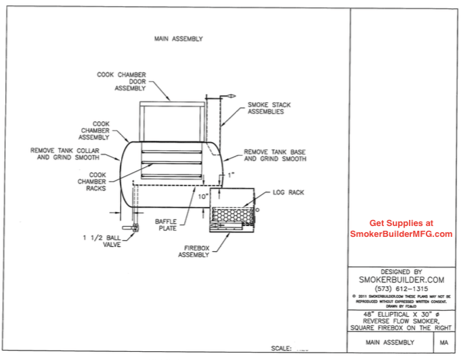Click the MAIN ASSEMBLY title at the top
coord(179,39)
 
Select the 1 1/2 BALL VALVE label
coord(97,242)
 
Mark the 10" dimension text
coord(202,196)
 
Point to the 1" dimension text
coord(231,175)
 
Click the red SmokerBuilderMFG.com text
coord(401,234)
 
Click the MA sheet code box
coord(444,343)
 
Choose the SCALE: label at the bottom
coord(282,349)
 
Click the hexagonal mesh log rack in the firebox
coord(230,214)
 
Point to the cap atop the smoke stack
coord(229,96)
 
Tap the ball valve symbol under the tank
coord(135,227)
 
